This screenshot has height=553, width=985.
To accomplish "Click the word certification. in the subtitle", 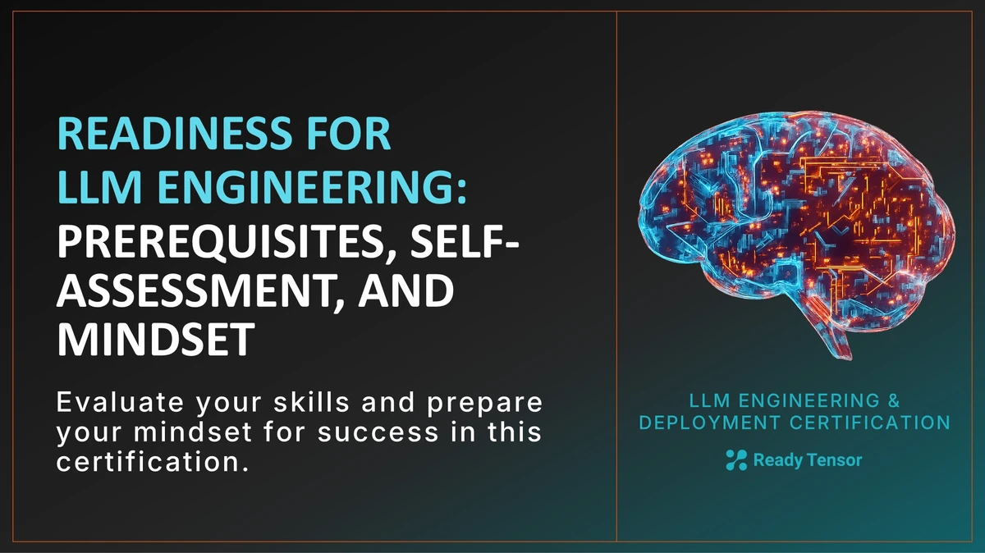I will pos(152,460).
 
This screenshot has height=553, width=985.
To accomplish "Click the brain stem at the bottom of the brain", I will pos(837,336).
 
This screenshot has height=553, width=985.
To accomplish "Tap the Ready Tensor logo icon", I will pos(736,460).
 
